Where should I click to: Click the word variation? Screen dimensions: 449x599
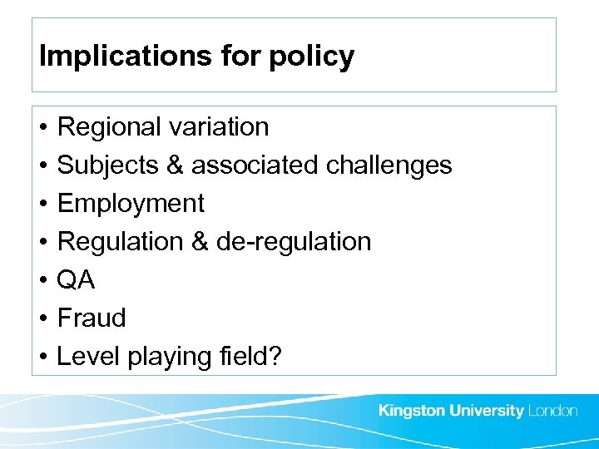pyautogui.click(x=218, y=127)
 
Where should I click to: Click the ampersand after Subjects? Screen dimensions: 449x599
pyautogui.click(x=175, y=165)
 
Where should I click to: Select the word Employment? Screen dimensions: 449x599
pyautogui.click(x=131, y=204)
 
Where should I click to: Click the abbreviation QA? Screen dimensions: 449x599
pyautogui.click(x=76, y=280)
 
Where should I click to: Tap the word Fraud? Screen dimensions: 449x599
pyautogui.click(x=92, y=318)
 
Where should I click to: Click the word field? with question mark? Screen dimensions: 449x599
pyautogui.click(x=249, y=357)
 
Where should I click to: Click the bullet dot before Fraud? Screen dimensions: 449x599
pyautogui.click(x=42, y=318)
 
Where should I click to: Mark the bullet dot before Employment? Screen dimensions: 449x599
pyautogui.click(x=42, y=204)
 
